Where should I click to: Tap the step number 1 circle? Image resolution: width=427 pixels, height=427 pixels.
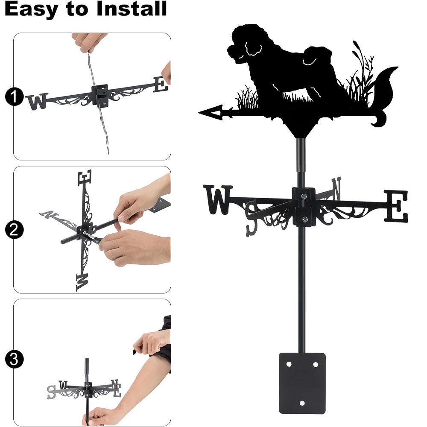pyautogui.click(x=14, y=97)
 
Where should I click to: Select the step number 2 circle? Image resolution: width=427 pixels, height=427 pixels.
pyautogui.click(x=14, y=230)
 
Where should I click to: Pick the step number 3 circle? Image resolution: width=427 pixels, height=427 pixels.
pyautogui.click(x=14, y=359)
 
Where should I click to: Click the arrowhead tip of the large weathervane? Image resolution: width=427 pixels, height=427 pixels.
pyautogui.click(x=199, y=112)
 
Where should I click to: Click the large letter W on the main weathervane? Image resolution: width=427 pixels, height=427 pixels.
pyautogui.click(x=218, y=199)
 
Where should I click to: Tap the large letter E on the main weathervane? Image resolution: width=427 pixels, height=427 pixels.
pyautogui.click(x=396, y=206)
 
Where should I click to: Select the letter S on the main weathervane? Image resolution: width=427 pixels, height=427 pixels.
pyautogui.click(x=252, y=218)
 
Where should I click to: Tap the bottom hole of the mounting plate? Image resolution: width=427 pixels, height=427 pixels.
pyautogui.click(x=302, y=403)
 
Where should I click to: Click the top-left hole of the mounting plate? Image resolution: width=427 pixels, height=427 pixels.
pyautogui.click(x=289, y=364)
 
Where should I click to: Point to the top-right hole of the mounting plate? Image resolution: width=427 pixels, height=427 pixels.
pyautogui.click(x=316, y=364)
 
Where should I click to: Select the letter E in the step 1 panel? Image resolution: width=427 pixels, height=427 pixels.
pyautogui.click(x=161, y=85)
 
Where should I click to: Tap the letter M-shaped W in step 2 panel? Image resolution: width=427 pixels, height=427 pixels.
pyautogui.click(x=82, y=282)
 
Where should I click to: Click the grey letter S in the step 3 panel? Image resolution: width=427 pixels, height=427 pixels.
pyautogui.click(x=51, y=392)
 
